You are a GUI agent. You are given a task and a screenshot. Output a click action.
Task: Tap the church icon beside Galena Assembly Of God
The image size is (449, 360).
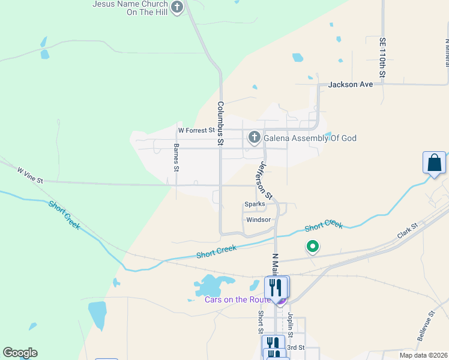tap(254, 138)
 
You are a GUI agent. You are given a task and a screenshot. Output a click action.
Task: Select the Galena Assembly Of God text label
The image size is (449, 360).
tap(310, 139)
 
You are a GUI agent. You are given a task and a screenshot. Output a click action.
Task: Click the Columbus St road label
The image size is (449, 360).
tap(220, 124)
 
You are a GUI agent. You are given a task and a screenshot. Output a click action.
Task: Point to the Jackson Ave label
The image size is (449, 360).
tap(351, 85)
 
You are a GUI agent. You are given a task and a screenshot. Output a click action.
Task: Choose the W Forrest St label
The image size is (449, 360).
tap(196, 130)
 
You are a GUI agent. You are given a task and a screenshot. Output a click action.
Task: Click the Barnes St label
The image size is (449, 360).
tap(176, 157)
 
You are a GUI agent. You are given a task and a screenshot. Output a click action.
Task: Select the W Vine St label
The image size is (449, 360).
tap(30, 175)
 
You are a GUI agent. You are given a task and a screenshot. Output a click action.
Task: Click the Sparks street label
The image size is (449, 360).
tap(255, 204)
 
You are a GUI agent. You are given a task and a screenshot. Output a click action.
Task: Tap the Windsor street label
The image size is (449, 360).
tap(259, 220)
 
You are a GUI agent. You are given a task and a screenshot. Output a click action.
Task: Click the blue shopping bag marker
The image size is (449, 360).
tap(434, 163)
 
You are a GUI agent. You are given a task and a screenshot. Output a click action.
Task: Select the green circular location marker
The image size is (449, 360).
tap(312, 246)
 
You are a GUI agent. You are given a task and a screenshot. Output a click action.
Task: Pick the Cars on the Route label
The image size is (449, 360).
tap(238, 299)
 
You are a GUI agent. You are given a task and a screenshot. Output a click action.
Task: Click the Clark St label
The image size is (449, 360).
tap(406, 230)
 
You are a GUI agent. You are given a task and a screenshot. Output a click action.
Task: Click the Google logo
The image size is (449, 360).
tap(20, 353)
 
